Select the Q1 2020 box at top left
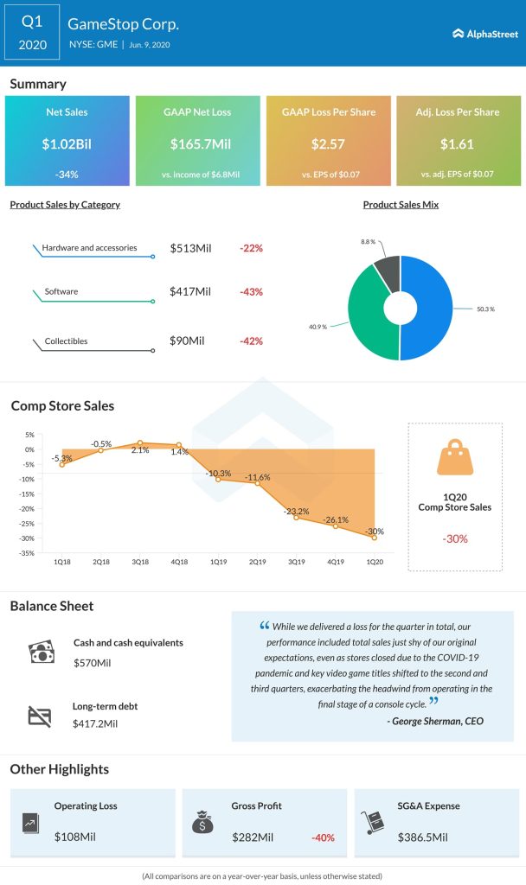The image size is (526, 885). coord(32,33)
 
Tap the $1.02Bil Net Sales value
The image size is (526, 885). coord(67,143)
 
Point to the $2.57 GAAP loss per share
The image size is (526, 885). coord(328,143)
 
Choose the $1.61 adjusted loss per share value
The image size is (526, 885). coord(459,143)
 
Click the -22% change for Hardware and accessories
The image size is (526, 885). coord(251,248)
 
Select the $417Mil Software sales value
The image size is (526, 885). coord(190,292)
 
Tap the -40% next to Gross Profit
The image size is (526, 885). coord(322,837)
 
